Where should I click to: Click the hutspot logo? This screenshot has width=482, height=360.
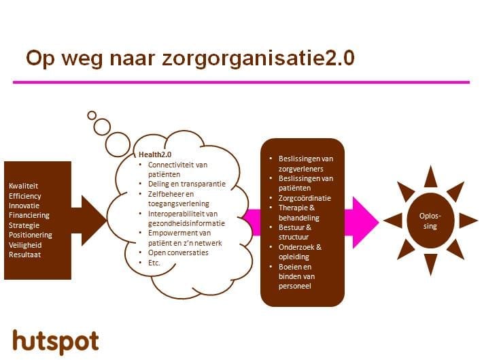pos(56,342)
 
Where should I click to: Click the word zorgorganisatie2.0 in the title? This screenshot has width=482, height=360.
pos(258,59)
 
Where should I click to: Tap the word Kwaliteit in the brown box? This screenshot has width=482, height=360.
pos(23,186)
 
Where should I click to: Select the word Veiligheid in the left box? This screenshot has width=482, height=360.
pos(25,245)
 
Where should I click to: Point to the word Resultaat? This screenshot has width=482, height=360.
pos(24,255)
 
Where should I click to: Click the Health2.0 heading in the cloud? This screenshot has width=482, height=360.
pos(155,154)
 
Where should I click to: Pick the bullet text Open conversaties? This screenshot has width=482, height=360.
pos(178,252)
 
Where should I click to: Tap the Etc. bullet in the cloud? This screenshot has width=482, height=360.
pos(154,263)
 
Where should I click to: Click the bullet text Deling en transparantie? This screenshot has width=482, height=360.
pos(186,184)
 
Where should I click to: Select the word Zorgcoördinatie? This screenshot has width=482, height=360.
pos(305,198)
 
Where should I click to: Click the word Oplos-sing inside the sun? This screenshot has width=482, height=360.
pos(430,221)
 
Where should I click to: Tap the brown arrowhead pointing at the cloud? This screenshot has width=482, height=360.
pos(93,220)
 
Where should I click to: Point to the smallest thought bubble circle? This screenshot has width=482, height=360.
pos(92,116)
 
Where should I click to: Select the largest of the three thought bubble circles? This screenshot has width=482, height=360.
pos(118,145)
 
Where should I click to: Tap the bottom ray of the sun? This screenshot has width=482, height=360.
pos(430,264)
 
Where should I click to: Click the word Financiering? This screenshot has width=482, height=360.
pos(29,215)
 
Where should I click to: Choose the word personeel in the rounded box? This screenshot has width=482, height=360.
pos(295,286)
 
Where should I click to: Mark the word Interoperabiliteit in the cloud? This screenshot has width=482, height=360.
pos(175,214)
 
